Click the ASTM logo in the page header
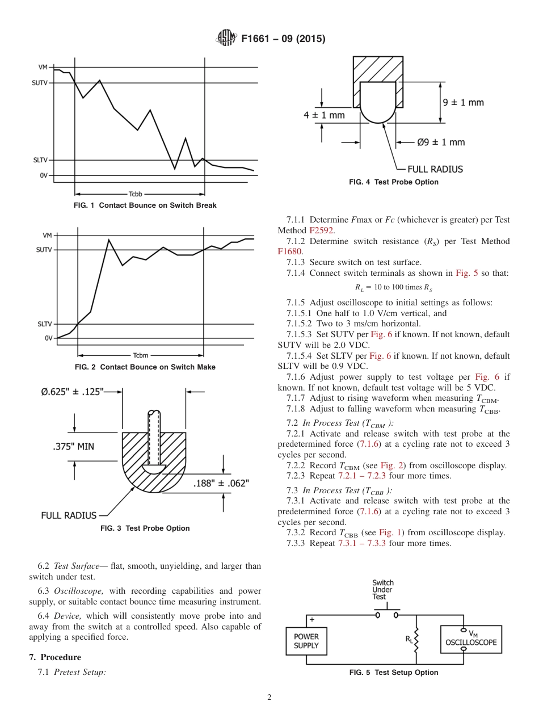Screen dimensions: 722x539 coord(226,39)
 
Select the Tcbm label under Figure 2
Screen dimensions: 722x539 coord(140,355)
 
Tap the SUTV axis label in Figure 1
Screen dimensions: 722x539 coord(40,83)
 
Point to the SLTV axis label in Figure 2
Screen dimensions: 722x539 coord(45,324)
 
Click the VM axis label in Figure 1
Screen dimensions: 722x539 coord(43,67)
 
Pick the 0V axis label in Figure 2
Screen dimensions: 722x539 coord(48,338)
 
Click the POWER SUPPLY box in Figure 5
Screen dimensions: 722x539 coord(306,641)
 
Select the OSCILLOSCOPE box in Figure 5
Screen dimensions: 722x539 coord(471,641)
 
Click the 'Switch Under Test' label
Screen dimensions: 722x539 coord(383,590)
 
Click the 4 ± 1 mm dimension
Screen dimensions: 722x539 coord(324,115)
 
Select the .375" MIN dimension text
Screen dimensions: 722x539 coord(74,447)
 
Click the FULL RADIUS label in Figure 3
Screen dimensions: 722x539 coord(69,516)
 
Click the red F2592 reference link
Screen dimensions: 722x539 coord(321,230)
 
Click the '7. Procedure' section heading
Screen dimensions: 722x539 coord(55,657)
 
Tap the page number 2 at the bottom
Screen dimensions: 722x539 coord(269,698)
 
